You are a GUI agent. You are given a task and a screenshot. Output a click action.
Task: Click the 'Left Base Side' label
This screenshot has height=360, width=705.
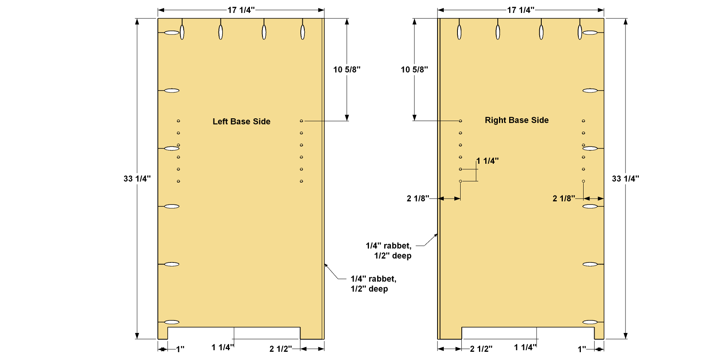241,121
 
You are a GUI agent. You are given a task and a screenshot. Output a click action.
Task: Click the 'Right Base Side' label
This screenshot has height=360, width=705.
517,120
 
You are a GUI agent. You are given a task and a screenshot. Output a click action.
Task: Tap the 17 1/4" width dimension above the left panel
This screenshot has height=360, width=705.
241,10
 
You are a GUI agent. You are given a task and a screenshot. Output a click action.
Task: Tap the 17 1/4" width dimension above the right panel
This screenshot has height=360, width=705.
521,10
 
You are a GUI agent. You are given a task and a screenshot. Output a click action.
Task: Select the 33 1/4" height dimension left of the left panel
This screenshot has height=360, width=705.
137,179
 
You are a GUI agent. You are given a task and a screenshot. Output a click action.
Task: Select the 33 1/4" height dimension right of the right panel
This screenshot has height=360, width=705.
625,179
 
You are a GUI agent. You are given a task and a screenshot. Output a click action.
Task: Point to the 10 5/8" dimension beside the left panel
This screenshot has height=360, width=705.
347,70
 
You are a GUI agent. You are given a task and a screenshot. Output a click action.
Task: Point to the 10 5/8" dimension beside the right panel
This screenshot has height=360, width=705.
414,70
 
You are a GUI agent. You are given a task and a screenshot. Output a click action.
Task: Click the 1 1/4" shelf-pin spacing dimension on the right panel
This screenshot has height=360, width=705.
488,161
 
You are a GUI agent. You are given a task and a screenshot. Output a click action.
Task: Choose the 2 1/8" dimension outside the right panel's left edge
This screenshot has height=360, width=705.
418,199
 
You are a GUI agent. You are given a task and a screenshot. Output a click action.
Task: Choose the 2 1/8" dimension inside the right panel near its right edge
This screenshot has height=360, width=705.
564,199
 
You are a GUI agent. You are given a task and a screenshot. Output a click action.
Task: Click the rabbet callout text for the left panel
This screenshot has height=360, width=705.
373,284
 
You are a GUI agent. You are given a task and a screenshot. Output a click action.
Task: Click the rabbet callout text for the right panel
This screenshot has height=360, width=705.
389,251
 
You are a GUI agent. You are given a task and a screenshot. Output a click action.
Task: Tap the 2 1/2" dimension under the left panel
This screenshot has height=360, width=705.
280,349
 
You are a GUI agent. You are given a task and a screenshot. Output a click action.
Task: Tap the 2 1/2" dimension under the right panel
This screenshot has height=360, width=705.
481,349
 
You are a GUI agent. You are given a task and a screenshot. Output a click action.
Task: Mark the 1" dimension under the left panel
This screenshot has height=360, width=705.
180,349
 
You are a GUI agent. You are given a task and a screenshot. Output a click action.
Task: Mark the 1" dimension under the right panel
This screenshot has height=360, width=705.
582,349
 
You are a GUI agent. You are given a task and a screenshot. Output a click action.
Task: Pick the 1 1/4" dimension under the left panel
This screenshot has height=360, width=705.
223,347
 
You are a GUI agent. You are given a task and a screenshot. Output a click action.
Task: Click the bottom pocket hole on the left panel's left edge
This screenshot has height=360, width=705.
172,322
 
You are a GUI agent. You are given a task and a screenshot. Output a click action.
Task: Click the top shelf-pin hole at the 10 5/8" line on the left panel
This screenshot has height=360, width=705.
302,121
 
